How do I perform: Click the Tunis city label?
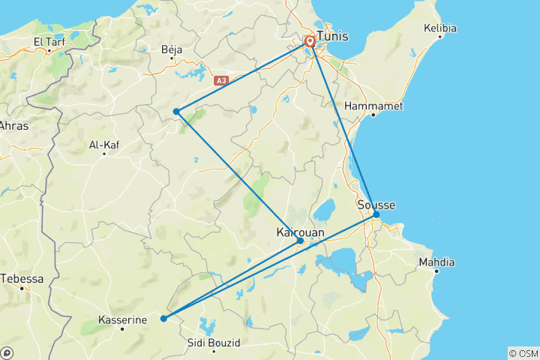(334, 35)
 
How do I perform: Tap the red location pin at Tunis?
(309, 40)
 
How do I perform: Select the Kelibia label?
(440, 28)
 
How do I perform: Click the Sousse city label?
(376, 205)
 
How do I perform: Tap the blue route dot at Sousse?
(376, 215)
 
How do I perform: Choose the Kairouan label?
(301, 232)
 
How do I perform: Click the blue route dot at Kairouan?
(300, 241)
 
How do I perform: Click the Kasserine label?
(122, 319)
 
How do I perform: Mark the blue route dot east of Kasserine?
(163, 319)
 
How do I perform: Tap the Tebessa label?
(22, 278)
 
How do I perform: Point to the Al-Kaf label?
(104, 145)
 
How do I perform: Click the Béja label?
(172, 49)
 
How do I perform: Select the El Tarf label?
(49, 42)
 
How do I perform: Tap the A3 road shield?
(220, 79)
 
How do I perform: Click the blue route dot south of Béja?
(176, 112)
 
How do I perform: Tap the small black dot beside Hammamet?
(373, 115)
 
